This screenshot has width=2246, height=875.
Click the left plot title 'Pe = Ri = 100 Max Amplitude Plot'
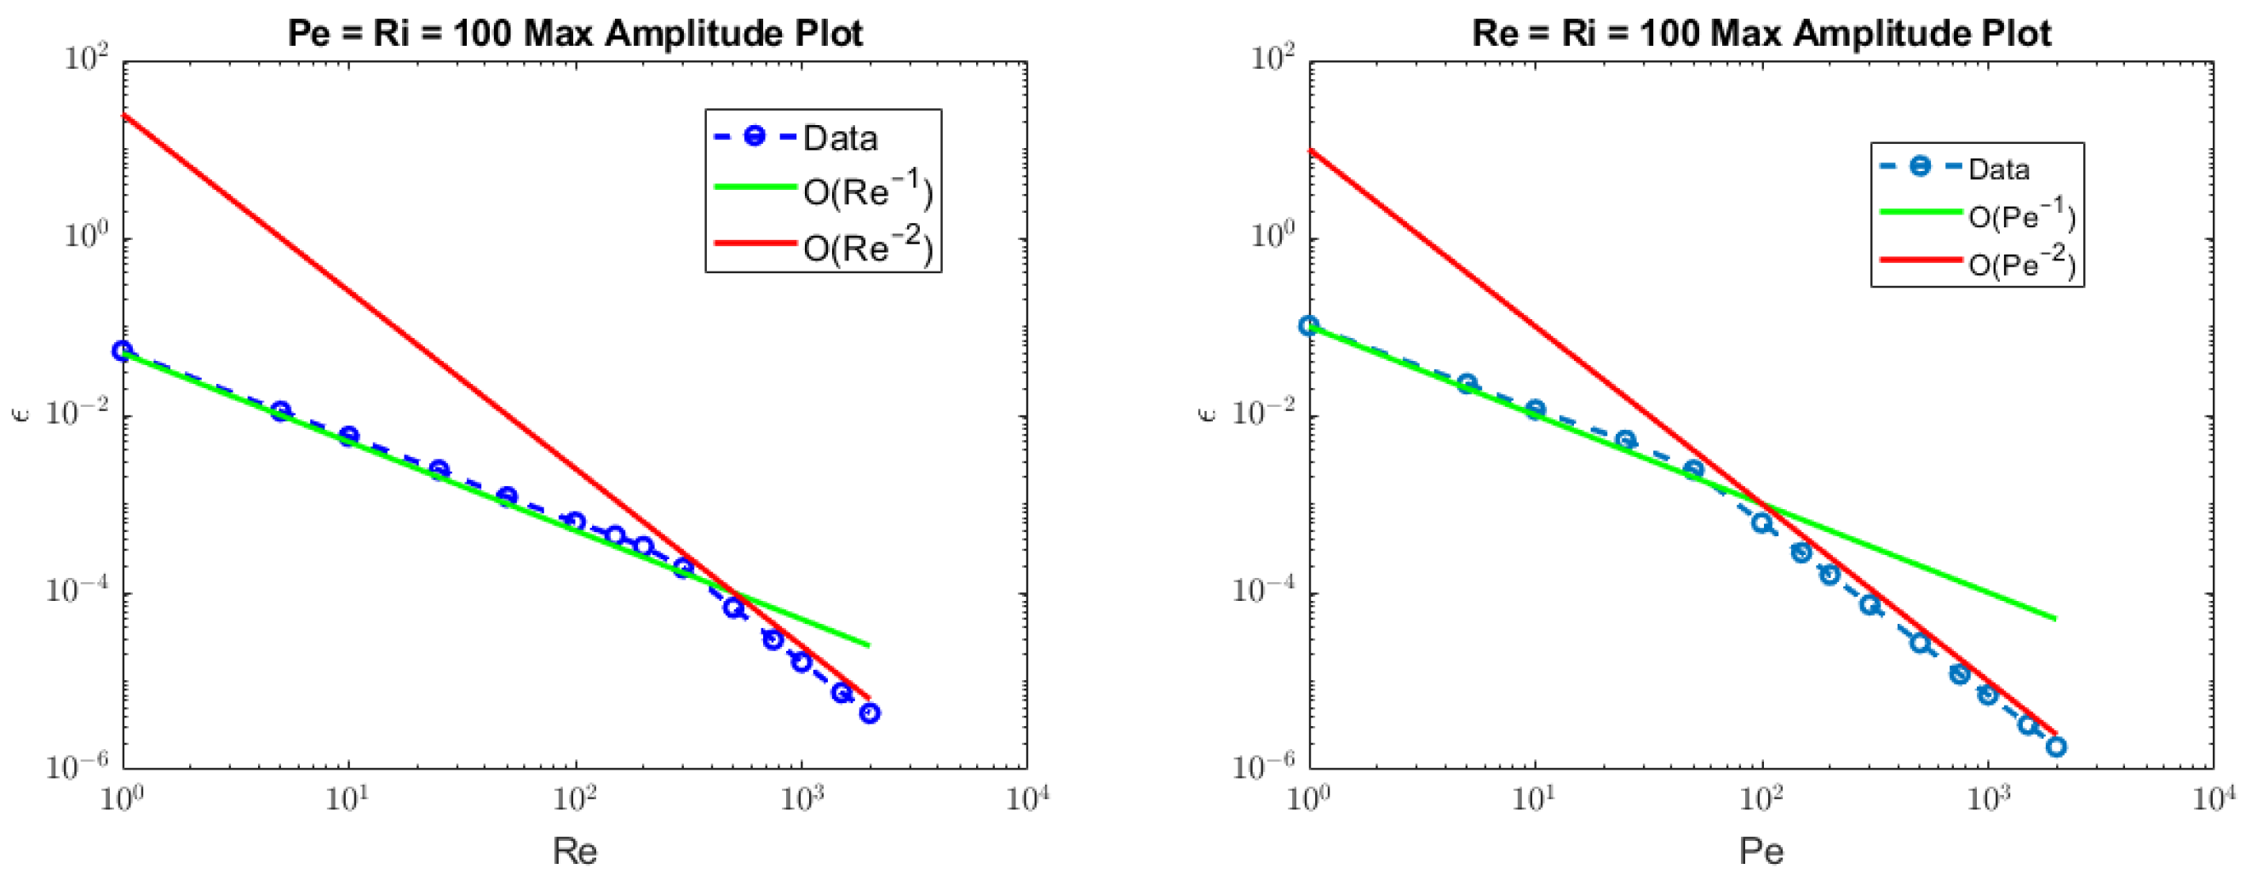pyautogui.click(x=576, y=34)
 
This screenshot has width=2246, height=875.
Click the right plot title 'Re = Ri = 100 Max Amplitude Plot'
pyautogui.click(x=1761, y=34)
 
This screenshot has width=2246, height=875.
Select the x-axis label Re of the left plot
pyautogui.click(x=575, y=850)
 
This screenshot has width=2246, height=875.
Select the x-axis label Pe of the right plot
pyautogui.click(x=1761, y=850)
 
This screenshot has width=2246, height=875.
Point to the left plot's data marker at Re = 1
pyautogui.click(x=123, y=351)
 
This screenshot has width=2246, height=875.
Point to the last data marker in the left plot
pyautogui.click(x=870, y=714)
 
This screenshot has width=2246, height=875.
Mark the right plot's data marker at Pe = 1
pyautogui.click(x=1309, y=325)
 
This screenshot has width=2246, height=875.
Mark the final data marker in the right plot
pyautogui.click(x=2056, y=746)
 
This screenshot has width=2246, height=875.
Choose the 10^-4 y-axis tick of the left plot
pyautogui.click(x=82, y=593)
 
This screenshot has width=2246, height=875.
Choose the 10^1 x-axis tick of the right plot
pyautogui.click(x=1534, y=798)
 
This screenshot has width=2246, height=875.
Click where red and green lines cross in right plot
pyautogui.click(x=1762, y=505)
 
